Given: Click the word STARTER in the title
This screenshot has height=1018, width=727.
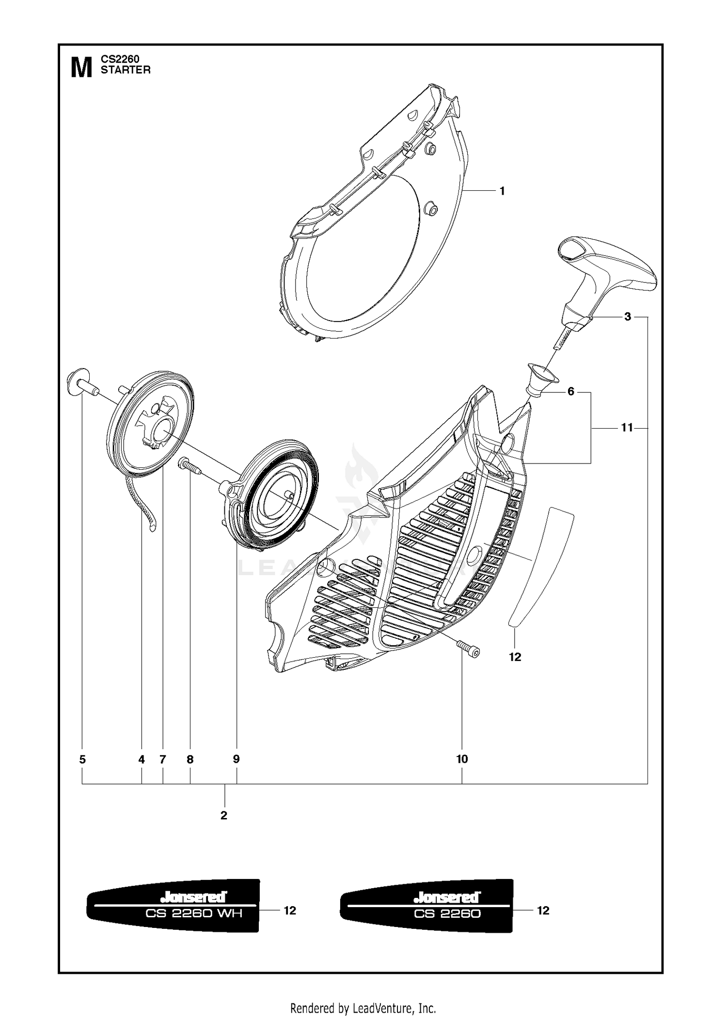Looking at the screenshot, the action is tap(126, 70).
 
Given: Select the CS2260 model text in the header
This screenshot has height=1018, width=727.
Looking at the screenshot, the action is tap(120, 59).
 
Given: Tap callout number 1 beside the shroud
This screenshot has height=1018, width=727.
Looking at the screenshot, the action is tap(502, 191).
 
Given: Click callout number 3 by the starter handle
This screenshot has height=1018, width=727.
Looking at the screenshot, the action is tap(628, 317).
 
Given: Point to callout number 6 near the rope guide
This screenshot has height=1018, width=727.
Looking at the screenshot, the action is tap(571, 391).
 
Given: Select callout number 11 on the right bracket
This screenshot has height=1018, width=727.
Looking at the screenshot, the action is tap(627, 428).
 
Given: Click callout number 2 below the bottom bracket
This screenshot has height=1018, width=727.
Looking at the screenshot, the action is tap(223, 816).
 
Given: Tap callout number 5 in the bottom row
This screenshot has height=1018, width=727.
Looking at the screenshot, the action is tap(82, 759).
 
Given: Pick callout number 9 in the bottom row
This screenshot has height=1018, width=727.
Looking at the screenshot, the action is tap(237, 759).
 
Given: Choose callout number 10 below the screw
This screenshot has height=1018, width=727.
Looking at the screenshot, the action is tap(462, 759).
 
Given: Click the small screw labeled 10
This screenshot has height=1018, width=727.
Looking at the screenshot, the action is tap(468, 648).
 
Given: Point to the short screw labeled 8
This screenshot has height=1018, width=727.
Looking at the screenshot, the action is tap(190, 466).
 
